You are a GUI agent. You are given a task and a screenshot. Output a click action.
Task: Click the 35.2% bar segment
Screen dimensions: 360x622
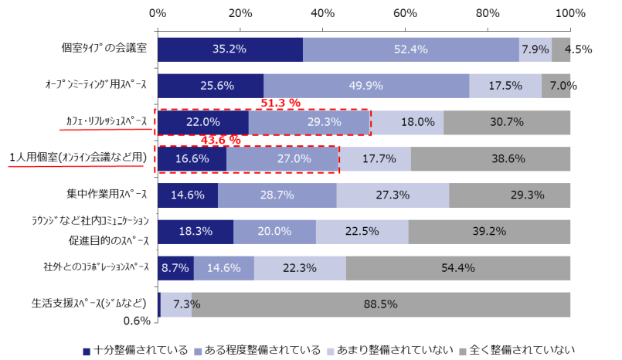(229, 49)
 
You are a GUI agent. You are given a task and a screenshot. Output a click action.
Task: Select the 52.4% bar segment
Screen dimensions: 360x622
(410, 49)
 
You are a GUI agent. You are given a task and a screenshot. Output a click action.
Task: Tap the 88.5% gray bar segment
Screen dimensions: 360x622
(381, 304)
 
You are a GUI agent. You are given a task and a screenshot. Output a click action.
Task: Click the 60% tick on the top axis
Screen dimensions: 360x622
(405, 13)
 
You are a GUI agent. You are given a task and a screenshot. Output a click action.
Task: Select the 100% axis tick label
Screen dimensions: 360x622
(570, 13)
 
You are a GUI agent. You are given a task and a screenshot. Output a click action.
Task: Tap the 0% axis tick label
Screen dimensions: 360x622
(158, 13)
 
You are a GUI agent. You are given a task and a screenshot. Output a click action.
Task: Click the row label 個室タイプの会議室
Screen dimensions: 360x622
(105, 49)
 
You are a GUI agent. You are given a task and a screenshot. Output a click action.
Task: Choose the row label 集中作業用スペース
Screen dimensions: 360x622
(107, 194)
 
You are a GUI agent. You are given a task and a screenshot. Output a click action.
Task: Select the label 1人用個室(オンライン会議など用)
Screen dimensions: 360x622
(77, 158)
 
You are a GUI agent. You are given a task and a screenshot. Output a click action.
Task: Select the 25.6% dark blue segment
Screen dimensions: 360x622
(210, 85)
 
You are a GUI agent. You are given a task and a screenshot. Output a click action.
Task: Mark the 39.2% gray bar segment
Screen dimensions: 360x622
(489, 231)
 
